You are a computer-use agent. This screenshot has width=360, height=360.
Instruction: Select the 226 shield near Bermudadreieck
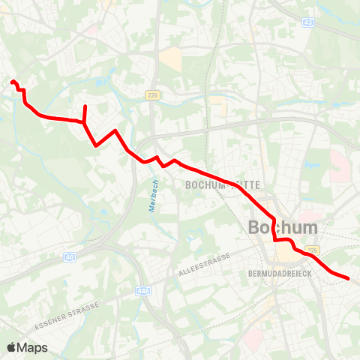pos(312,250)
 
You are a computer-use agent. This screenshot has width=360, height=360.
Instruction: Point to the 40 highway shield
pos(70,256)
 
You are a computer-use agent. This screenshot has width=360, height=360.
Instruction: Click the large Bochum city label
pos(282,227)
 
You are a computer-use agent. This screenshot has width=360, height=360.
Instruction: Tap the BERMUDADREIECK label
pos(278,274)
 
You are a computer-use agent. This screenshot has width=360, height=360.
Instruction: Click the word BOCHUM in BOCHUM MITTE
pos(202,184)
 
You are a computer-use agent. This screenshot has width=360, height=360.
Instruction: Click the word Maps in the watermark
pos(33,347)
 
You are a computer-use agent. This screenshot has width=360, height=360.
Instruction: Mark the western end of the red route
pos(13,82)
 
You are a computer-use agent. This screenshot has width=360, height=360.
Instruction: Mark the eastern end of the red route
pos(349,279)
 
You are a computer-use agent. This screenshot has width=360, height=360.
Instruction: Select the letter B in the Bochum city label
pos(255,227)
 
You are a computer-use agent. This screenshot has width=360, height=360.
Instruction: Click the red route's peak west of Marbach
pos(115,131)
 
